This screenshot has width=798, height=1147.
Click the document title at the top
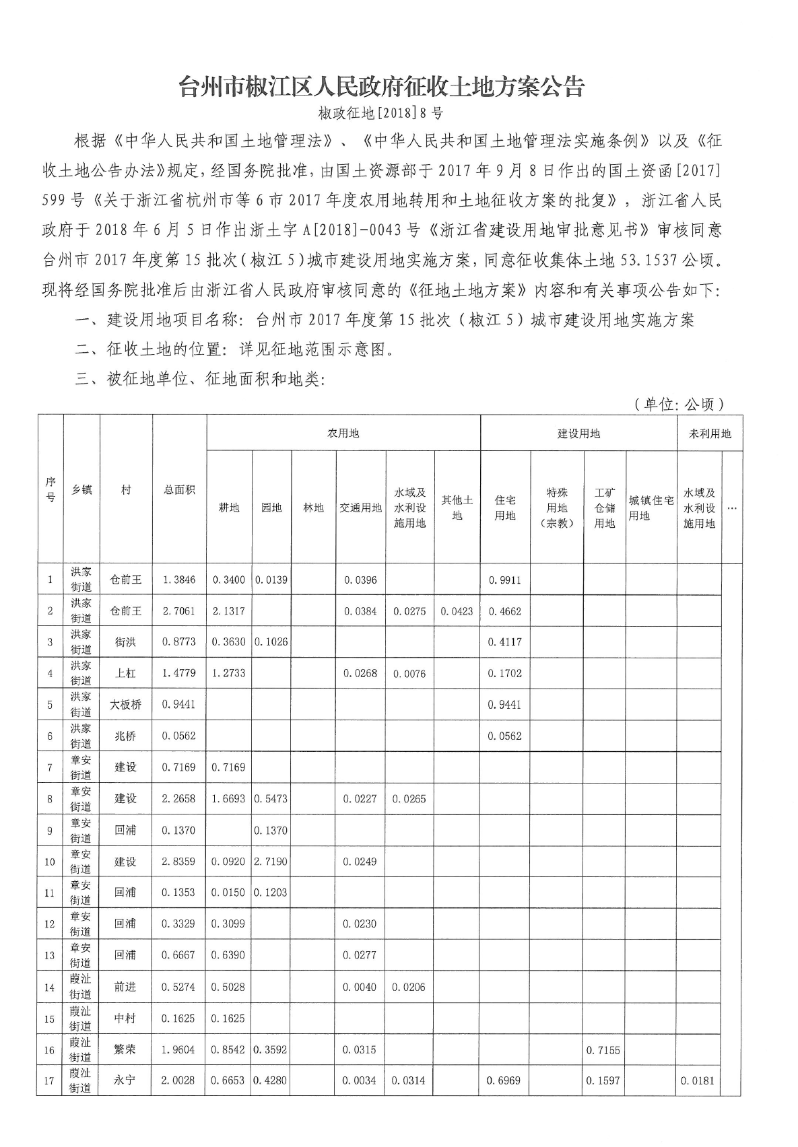(x=381, y=87)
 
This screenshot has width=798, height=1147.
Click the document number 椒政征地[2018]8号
(x=381, y=113)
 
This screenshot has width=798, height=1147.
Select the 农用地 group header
(x=343, y=433)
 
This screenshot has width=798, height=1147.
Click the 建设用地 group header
(x=578, y=433)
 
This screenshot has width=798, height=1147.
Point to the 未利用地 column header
(x=709, y=433)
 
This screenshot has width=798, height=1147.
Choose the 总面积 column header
(x=179, y=490)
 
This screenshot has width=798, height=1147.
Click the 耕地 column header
(x=229, y=508)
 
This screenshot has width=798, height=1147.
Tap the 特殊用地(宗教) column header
(x=557, y=508)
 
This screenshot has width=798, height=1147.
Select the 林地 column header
(x=313, y=508)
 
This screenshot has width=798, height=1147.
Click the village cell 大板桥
(x=126, y=705)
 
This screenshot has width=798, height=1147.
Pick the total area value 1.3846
(x=179, y=580)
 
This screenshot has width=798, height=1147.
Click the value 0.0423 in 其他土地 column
(x=457, y=611)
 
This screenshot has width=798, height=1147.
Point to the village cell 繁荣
(x=125, y=1049)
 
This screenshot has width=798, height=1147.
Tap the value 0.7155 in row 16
(x=603, y=1049)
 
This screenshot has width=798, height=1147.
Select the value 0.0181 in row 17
(x=698, y=1081)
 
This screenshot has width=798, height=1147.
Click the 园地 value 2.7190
(x=271, y=862)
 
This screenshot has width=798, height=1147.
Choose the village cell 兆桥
(x=125, y=736)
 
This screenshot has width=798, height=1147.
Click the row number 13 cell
(x=50, y=955)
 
